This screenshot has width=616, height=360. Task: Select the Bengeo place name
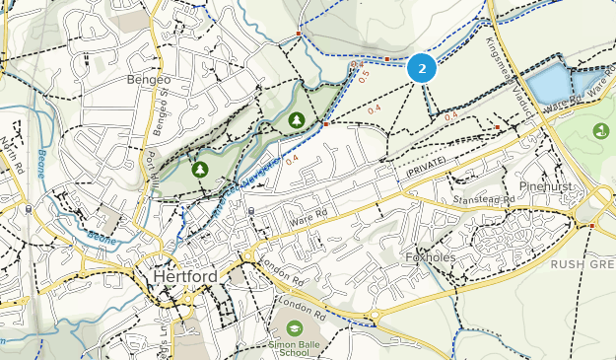tap(149, 78)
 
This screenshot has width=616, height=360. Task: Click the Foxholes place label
tap(428, 258)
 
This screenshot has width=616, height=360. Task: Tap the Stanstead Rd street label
tap(480, 200)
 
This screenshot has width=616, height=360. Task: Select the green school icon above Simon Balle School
tap(294, 327)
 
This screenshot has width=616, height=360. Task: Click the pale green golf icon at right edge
tap(601, 130)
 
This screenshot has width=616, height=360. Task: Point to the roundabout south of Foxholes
tap(375, 317)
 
